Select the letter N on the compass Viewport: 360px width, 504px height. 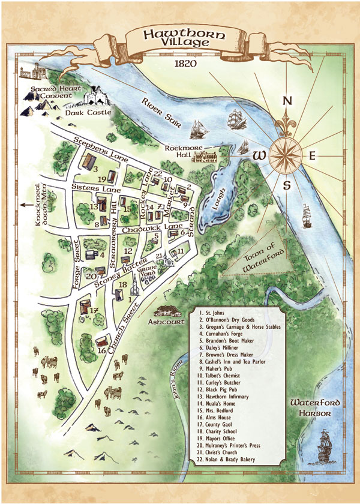click(287, 101)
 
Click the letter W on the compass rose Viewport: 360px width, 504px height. click(259, 155)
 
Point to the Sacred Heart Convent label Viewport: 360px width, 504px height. click(44, 92)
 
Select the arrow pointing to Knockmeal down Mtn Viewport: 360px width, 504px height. click(26, 205)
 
